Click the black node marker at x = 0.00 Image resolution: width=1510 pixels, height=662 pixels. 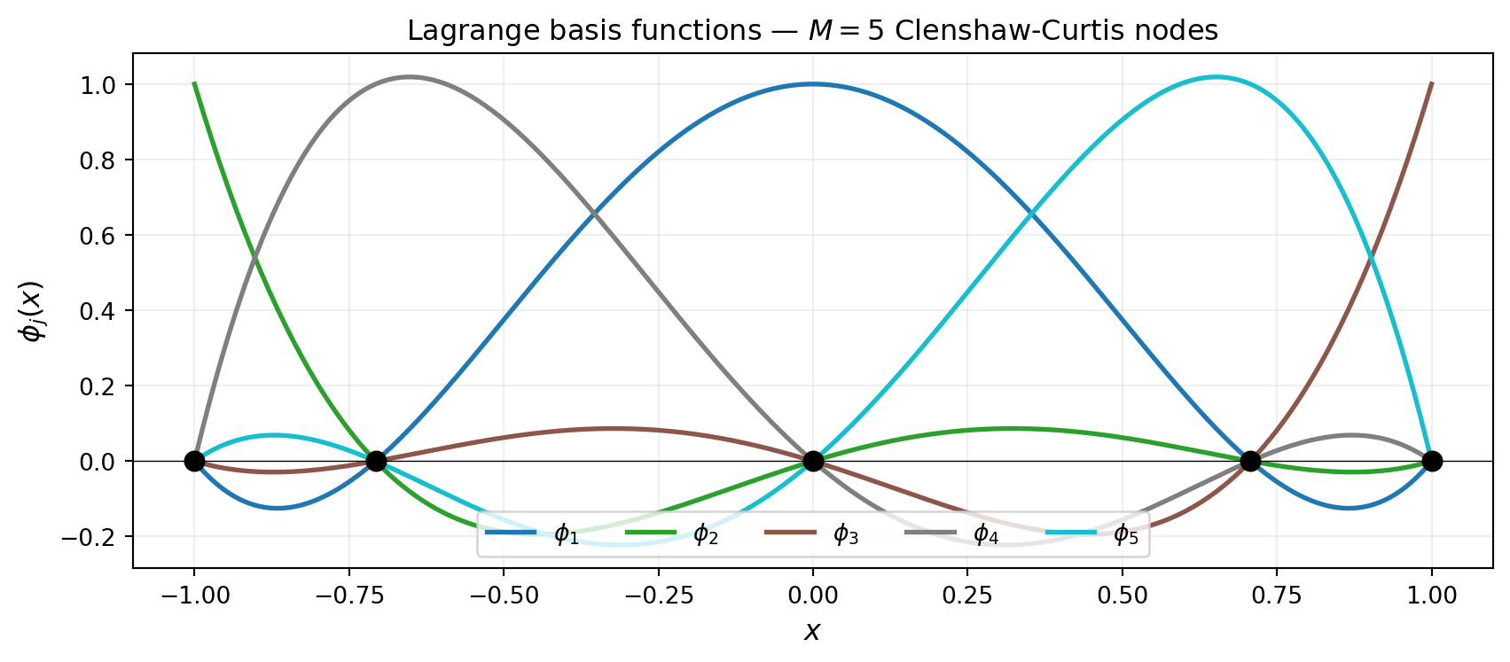pyautogui.click(x=813, y=461)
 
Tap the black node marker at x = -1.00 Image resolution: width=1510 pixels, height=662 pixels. pyautogui.click(x=194, y=461)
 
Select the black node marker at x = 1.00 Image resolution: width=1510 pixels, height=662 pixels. pyautogui.click(x=1431, y=461)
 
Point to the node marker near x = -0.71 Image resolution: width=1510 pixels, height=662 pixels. pyautogui.click(x=376, y=461)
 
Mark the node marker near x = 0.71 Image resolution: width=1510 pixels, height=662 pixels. pyautogui.click(x=1250, y=461)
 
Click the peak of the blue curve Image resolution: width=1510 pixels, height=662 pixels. pyautogui.click(x=813, y=84)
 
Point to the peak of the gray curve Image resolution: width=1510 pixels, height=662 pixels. pyautogui.click(x=409, y=77)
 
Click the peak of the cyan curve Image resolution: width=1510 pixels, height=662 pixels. pyautogui.click(x=1217, y=77)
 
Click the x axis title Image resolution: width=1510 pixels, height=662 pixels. pyautogui.click(x=812, y=631)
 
